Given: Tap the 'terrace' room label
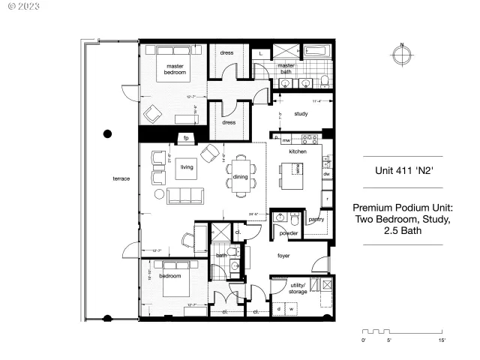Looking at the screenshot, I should [121, 178].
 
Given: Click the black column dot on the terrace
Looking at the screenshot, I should [108, 134].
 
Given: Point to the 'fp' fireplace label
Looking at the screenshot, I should [185, 138].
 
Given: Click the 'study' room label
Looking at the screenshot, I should [301, 114].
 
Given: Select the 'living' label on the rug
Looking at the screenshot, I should [187, 168].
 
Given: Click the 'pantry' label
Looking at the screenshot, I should [316, 219].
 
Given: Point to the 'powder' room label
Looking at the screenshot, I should [289, 233].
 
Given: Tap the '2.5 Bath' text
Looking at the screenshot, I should [402, 232].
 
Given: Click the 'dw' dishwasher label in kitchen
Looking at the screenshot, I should [326, 174].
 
